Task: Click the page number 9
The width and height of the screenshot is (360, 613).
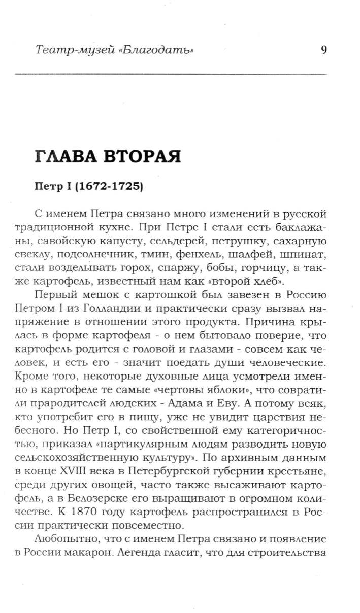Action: point(323,50)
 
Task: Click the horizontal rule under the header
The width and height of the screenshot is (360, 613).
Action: point(171,75)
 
